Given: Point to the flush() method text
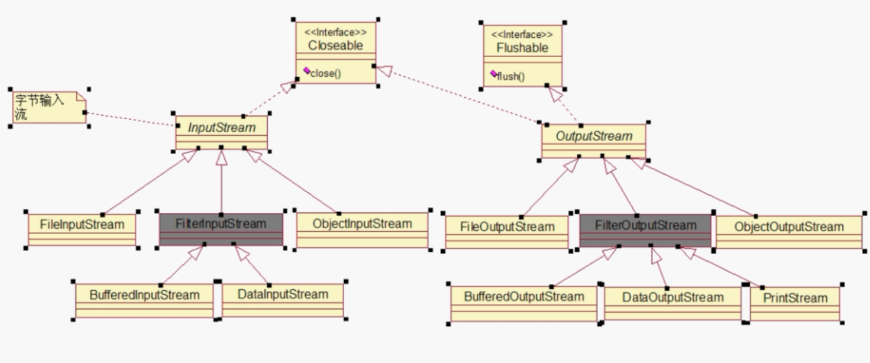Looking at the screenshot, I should pos(511,77).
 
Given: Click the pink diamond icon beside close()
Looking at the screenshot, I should pos(307,70).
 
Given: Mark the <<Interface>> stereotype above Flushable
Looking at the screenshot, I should pos(522,34).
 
